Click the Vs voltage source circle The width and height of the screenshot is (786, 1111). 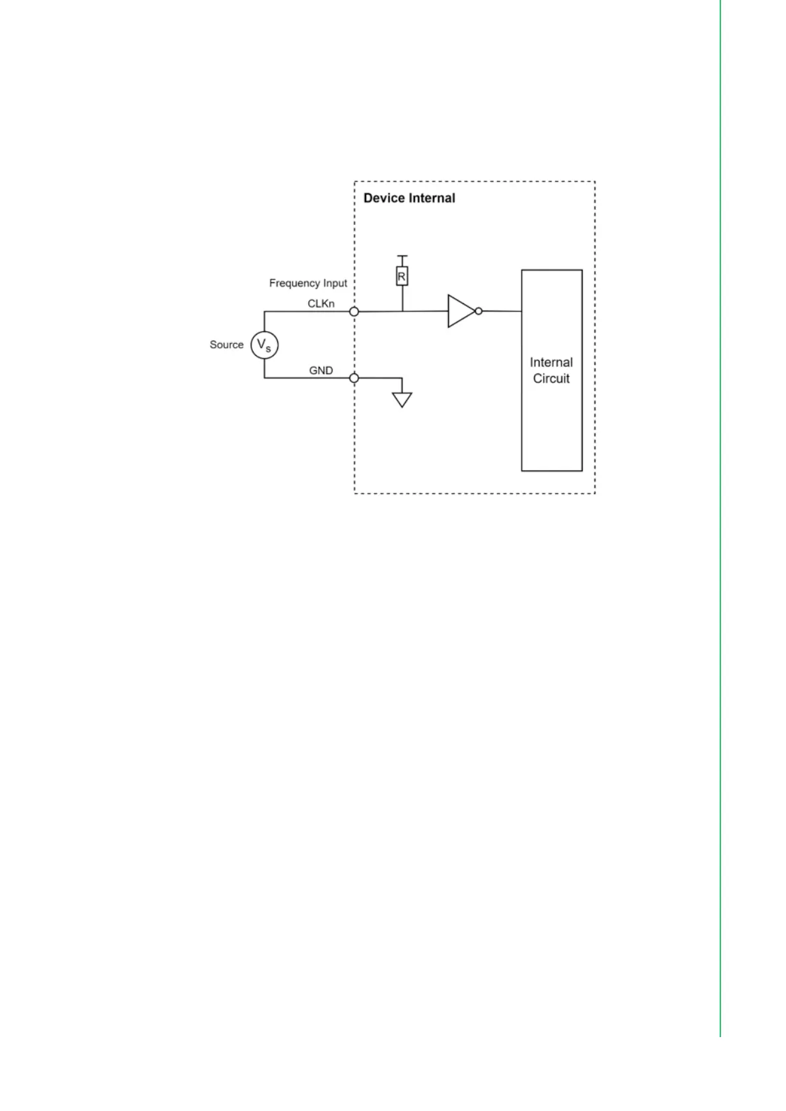(264, 345)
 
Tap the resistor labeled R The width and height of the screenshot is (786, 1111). (402, 276)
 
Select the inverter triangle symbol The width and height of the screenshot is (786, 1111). (460, 311)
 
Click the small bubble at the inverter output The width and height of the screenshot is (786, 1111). (478, 311)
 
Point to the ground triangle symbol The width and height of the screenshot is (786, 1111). (402, 400)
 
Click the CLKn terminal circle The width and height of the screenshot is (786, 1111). (354, 311)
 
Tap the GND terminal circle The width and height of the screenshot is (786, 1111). (354, 378)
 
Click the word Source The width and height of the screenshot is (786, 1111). (226, 345)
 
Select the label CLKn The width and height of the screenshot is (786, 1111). (321, 304)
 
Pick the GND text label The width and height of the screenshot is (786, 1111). (321, 371)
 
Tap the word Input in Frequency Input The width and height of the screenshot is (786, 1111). (335, 283)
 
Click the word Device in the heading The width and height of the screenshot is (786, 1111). (384, 198)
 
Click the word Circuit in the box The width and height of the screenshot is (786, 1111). (551, 379)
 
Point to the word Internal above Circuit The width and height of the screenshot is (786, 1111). (551, 362)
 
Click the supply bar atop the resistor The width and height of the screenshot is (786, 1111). (402, 256)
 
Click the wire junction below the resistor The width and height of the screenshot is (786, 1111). (402, 311)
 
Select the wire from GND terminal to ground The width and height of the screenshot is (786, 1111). (379, 378)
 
